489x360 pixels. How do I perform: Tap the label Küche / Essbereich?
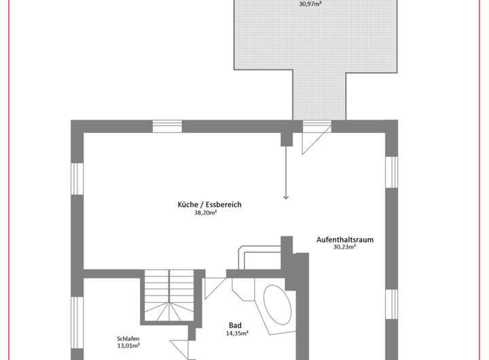209,204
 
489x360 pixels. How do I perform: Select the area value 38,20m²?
206,213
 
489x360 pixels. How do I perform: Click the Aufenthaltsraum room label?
345,239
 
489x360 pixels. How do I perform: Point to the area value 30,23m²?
345,247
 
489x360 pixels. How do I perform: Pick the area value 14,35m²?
236,334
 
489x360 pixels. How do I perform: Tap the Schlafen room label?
128,338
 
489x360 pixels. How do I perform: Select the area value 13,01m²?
128,345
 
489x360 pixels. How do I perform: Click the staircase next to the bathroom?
168,295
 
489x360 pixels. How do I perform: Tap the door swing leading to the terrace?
312,140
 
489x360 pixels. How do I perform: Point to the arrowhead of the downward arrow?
286,196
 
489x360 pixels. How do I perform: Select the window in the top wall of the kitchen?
166,126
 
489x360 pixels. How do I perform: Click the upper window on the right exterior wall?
391,172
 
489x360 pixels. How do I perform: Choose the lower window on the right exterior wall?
391,310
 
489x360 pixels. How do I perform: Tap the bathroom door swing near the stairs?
215,285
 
